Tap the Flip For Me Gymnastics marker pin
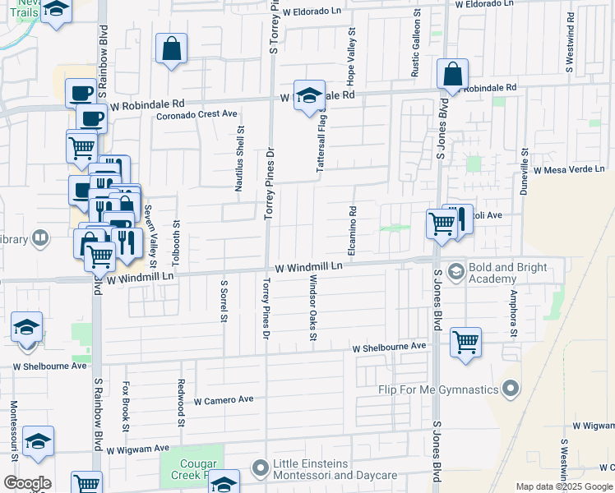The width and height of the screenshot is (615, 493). [x=511, y=387]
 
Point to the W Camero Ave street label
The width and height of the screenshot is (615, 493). [x=224, y=400]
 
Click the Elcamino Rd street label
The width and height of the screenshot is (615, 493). [x=351, y=231]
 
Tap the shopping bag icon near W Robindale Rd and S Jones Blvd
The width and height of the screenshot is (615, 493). [x=452, y=75]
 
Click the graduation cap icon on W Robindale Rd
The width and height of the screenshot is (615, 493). [x=309, y=96]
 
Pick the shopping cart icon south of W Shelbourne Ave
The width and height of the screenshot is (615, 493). [x=465, y=340]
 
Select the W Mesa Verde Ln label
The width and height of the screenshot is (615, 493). [x=568, y=169]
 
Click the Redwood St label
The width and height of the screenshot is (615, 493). [x=181, y=403]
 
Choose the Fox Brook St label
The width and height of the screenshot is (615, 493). [x=126, y=405]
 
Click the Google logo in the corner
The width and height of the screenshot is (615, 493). [x=27, y=483]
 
